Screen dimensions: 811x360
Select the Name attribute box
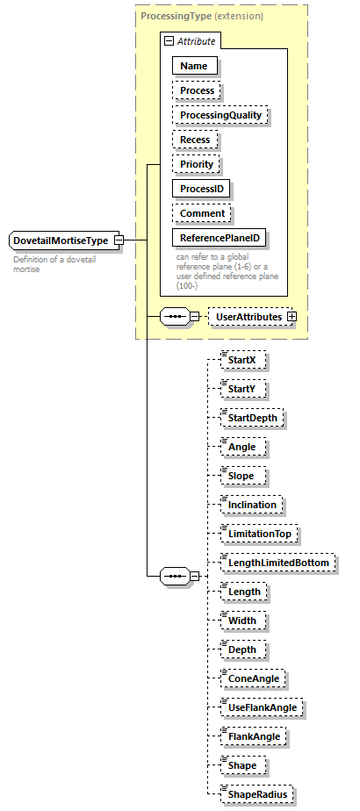[195, 66]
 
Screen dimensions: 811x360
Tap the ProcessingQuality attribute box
[220, 115]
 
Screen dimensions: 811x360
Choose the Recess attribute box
[196, 140]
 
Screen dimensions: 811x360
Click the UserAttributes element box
[248, 316]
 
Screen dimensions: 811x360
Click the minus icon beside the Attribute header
[168, 41]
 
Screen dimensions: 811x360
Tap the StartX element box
[241, 360]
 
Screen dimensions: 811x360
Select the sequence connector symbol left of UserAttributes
[174, 316]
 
